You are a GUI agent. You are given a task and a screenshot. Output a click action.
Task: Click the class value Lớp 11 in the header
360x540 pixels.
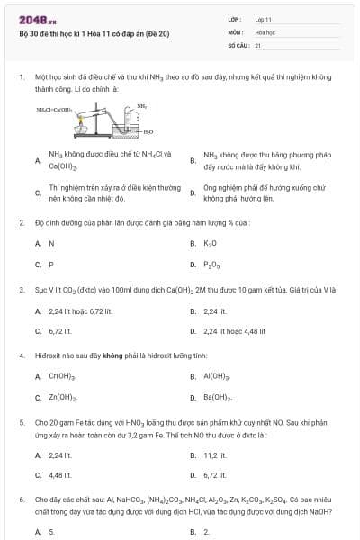click(264, 18)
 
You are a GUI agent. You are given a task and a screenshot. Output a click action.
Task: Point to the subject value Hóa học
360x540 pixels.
click(265, 31)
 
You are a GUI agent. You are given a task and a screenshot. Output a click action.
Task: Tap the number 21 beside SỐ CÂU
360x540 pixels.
click(258, 43)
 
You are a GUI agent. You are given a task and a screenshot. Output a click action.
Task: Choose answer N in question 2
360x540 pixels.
click(51, 243)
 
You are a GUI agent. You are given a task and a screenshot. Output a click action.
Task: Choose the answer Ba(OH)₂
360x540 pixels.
click(219, 397)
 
